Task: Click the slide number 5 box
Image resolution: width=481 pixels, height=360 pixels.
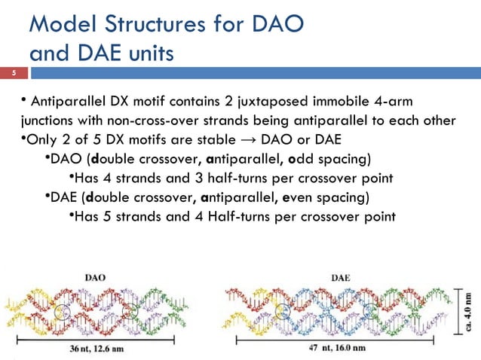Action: (13, 74)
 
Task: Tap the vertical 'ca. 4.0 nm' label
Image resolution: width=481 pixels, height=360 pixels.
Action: (470, 310)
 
